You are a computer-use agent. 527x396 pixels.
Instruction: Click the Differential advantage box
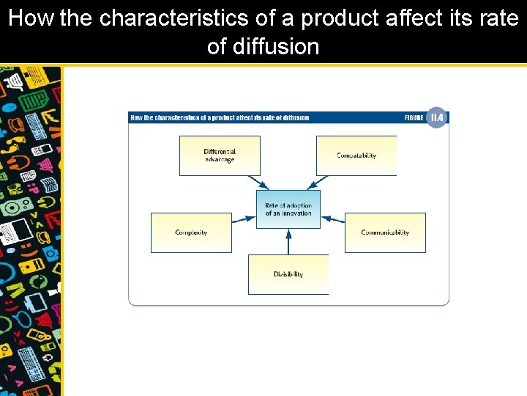pos(220,155)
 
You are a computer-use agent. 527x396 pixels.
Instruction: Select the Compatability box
pos(356,155)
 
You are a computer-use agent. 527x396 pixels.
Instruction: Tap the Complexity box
pos(191,232)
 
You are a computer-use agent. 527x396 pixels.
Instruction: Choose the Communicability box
pos(385,232)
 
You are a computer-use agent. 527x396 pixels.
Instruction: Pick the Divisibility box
pos(288,274)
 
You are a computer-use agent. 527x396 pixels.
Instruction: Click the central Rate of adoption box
pos(288,209)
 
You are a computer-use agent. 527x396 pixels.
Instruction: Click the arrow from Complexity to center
pos(244,218)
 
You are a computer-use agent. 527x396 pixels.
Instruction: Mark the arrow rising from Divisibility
pos(288,241)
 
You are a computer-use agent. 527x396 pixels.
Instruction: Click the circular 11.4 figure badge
pos(437,117)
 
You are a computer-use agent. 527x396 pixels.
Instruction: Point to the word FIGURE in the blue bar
pos(414,117)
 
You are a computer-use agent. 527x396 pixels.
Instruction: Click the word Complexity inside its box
pos(191,232)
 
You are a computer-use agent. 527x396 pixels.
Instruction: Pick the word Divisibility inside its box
pos(288,274)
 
